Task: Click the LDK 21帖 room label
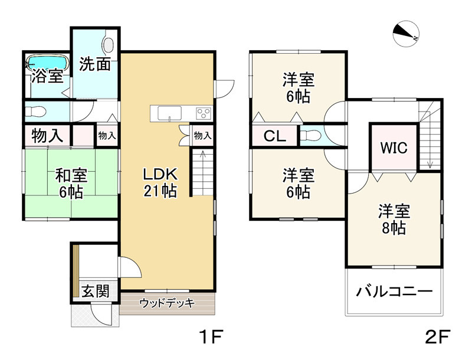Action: coord(160,182)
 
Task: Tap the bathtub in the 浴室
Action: coord(48,63)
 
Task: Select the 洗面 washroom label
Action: coord(95,64)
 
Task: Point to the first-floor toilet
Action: coord(35,112)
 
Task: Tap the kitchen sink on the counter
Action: coord(170,113)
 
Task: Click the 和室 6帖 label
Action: coord(71,184)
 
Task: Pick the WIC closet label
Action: coord(394,148)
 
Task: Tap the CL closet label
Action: coord(274,136)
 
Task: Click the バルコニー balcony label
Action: coord(394,292)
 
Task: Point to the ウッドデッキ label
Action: coord(168,303)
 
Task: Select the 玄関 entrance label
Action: coord(95,291)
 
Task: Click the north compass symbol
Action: coord(406,34)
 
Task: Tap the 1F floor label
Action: coord(211,336)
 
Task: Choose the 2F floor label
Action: coord(438,336)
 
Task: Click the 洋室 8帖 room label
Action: coord(394,220)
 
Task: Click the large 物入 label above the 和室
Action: coord(47,136)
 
